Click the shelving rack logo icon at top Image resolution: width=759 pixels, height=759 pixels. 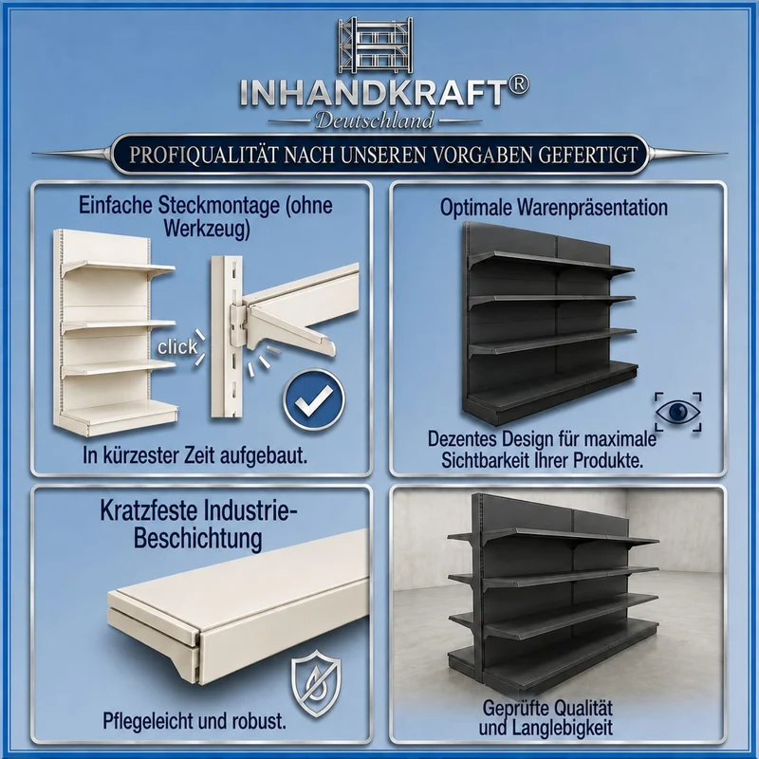(x=375, y=45)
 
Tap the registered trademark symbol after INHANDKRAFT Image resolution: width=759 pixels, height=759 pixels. (x=518, y=86)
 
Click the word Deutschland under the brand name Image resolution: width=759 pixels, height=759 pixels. (x=375, y=120)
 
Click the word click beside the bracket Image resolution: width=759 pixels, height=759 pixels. (x=177, y=346)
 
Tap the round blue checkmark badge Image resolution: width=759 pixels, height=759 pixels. (x=314, y=400)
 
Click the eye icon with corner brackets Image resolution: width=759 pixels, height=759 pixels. (x=677, y=412)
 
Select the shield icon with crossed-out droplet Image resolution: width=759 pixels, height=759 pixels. (x=316, y=683)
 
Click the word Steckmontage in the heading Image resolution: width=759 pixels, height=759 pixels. (x=218, y=206)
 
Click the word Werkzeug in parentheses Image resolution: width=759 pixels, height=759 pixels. (x=207, y=229)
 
